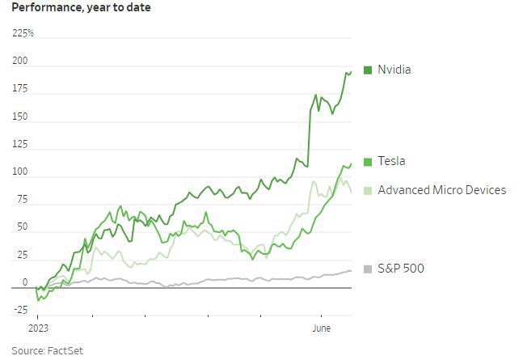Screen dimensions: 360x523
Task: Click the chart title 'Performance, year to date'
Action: tap(81, 8)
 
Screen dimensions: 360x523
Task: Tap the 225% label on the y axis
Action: tap(23, 33)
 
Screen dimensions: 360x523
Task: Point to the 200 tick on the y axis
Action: tap(19, 61)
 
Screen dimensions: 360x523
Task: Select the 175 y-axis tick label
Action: tap(19, 89)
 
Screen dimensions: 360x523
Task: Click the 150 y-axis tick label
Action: tap(19, 116)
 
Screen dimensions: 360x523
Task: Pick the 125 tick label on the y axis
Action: tap(19, 144)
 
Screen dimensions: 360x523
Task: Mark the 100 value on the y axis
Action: tap(19, 172)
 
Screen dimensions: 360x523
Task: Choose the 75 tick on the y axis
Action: tap(22, 199)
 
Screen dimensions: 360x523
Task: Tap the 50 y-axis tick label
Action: tap(22, 227)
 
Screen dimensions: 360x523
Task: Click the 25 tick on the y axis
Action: tap(22, 255)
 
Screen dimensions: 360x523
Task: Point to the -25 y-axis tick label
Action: tap(20, 310)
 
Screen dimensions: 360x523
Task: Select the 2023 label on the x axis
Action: tap(39, 330)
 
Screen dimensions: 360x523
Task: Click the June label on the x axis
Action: tap(322, 330)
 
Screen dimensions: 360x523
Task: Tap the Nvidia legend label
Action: tap(394, 70)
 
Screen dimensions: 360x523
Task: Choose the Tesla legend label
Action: tap(391, 162)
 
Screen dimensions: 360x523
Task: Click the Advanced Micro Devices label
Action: tap(441, 190)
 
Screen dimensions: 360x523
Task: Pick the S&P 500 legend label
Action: tap(401, 269)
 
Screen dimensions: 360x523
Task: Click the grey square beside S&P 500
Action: tap(368, 269)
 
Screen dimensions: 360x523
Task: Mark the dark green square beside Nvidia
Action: tap(368, 70)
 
